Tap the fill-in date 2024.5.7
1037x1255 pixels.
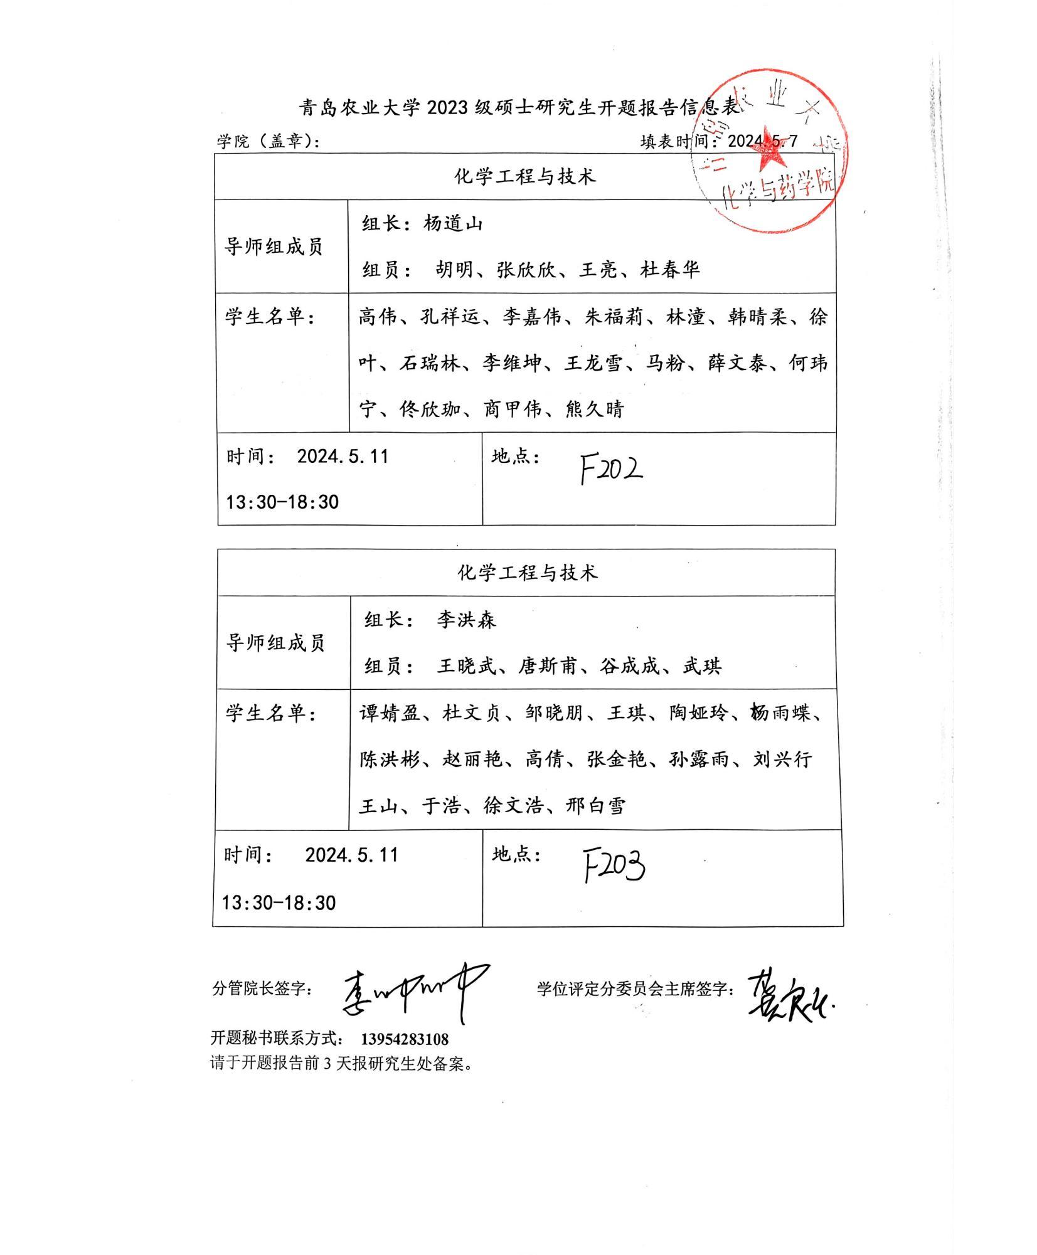pyautogui.click(x=762, y=141)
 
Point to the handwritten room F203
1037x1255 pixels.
pyautogui.click(x=614, y=866)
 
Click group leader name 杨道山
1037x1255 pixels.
pyautogui.click(x=453, y=223)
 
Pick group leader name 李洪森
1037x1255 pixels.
pyautogui.click(x=466, y=620)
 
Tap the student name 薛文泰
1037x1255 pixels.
pyautogui.click(x=737, y=363)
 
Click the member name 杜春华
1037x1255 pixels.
pyautogui.click(x=669, y=270)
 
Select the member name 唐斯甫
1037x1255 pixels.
pyautogui.click(x=547, y=665)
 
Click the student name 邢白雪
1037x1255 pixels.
pyautogui.click(x=595, y=806)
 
